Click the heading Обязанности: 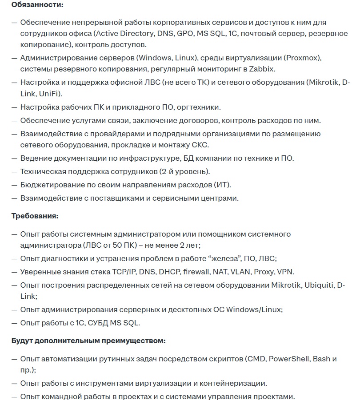(37, 5)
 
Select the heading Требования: (35, 216)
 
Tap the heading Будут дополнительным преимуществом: (88, 341)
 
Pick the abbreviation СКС (200, 145)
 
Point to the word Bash (322, 359)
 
